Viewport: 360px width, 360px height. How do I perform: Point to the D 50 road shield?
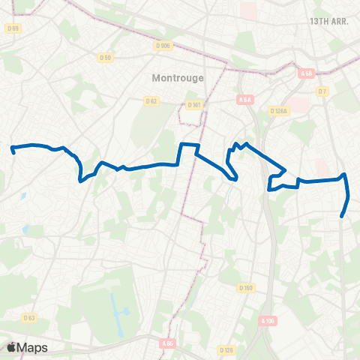tap(105, 57)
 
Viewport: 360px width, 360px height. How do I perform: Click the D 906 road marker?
tap(163, 45)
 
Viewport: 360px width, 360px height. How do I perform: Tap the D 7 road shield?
tap(323, 91)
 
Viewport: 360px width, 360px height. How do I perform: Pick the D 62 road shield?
tap(151, 101)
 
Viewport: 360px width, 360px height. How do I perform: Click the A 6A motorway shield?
tap(244, 100)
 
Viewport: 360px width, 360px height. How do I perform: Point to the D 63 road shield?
tap(29, 318)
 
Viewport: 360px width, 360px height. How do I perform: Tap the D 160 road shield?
tap(246, 288)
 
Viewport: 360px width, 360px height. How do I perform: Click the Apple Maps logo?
tap(27, 347)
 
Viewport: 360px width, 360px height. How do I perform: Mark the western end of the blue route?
tap(13, 149)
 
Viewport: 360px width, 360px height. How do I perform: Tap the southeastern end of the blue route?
tap(343, 216)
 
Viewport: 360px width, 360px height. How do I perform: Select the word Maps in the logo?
tap(33, 347)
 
